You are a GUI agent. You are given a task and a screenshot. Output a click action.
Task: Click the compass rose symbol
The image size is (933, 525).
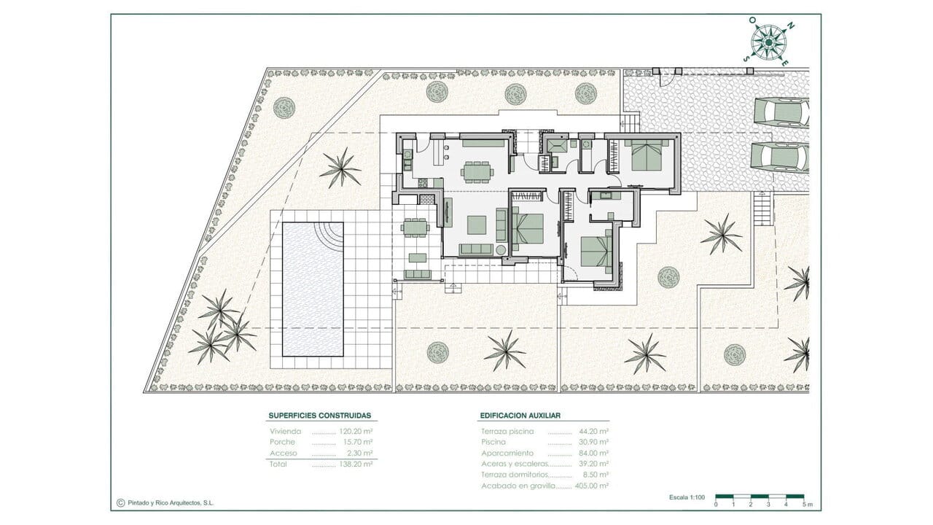point(768,42)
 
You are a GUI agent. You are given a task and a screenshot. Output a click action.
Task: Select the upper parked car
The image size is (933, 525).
point(780,112)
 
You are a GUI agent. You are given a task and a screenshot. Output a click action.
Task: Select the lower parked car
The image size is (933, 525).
point(780,157)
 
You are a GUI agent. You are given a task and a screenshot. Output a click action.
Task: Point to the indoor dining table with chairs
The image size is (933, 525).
point(477,171)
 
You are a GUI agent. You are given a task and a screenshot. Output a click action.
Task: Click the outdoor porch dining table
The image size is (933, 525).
point(415,227)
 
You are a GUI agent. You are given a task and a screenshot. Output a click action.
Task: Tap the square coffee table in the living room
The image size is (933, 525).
point(477,225)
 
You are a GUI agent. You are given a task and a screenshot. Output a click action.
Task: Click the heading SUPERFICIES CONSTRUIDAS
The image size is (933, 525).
point(320,416)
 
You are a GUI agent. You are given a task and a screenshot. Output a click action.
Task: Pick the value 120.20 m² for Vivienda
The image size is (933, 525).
point(356,431)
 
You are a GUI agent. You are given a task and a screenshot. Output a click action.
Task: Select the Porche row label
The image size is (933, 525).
point(282,442)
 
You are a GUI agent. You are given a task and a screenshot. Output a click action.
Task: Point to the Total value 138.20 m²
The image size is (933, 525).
point(356,464)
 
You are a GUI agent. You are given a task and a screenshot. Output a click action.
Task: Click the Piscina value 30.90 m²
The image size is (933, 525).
point(593,442)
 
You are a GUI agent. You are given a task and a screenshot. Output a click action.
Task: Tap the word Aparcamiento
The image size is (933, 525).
point(507,453)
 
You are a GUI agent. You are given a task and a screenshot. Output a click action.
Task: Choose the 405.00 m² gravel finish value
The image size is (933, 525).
point(592,486)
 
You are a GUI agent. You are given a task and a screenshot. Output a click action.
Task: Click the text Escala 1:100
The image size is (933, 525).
point(687,497)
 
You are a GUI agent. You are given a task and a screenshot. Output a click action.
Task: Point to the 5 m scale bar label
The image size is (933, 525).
point(808,505)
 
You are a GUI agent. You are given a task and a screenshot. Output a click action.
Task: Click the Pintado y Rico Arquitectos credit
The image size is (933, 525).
point(165,503)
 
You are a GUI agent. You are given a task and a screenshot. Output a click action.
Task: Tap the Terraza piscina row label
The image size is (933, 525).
point(507,431)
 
